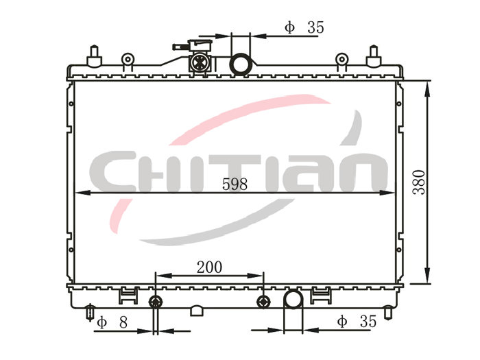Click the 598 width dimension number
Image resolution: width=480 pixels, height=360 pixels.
[235, 184]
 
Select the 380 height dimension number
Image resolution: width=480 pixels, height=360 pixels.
[419, 183]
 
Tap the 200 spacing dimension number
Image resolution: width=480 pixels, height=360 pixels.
[209, 267]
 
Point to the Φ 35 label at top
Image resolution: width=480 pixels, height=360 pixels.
[304, 27]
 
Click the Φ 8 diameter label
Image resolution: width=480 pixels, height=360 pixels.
[112, 322]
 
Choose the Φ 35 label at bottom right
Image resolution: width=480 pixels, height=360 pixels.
[357, 322]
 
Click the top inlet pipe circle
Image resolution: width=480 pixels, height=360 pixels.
[240, 64]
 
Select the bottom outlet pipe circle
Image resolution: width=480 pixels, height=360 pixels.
[293, 299]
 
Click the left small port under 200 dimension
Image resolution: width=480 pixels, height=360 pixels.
[156, 302]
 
